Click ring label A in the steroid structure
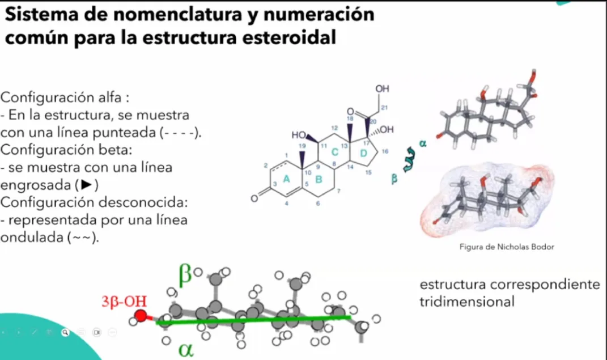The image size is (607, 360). click(286, 179)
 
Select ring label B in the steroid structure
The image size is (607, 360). click(319, 179)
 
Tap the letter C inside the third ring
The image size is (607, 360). click(335, 152)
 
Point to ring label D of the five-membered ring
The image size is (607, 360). click(363, 153)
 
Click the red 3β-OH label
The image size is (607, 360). click(124, 302)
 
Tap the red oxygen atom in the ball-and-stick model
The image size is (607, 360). click(141, 315)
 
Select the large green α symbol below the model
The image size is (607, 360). click(186, 350)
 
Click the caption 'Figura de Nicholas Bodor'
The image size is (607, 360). click(507, 247)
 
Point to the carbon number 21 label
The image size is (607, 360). click(384, 108)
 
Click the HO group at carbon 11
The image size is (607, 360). click(299, 135)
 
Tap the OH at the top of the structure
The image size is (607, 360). click(382, 88)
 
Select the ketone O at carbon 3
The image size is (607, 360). click(254, 198)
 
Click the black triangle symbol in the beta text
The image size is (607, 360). click(86, 185)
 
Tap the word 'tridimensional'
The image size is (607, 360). click(467, 302)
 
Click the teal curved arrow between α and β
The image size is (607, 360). click(409, 159)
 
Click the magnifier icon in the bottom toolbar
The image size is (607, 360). click(65, 332)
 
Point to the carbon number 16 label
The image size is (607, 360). click(385, 151)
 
